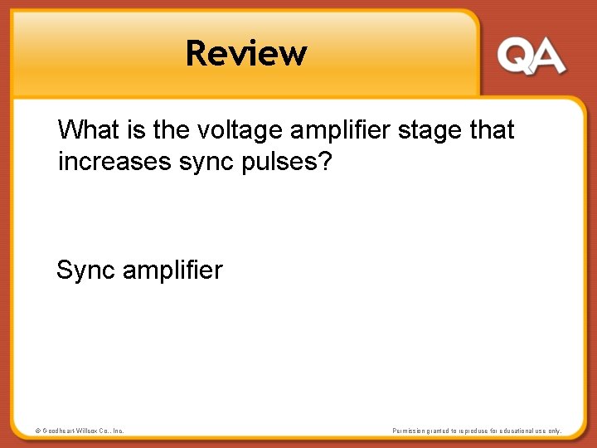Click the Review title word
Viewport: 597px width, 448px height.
246,53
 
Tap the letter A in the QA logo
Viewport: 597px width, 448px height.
547,57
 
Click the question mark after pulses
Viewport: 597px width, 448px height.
324,161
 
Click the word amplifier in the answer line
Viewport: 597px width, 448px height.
172,270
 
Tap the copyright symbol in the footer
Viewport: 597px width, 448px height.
37,431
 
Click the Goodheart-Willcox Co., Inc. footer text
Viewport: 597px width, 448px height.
83,431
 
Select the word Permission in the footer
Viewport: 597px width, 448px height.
410,431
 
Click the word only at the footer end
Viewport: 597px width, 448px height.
554,431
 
